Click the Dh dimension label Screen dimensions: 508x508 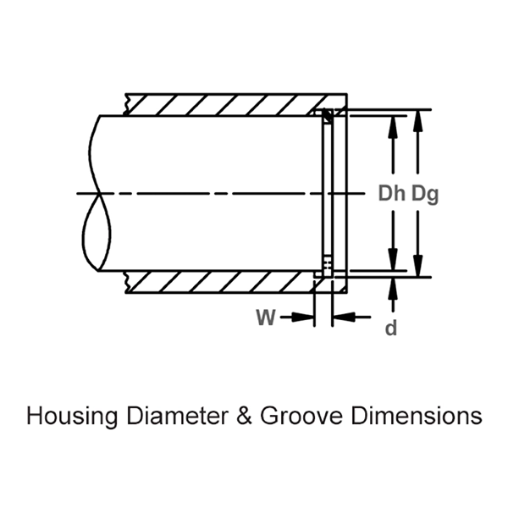(392, 194)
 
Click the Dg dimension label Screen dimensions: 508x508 (424, 194)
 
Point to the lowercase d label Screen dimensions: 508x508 (391, 329)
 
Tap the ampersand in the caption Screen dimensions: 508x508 (246, 417)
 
